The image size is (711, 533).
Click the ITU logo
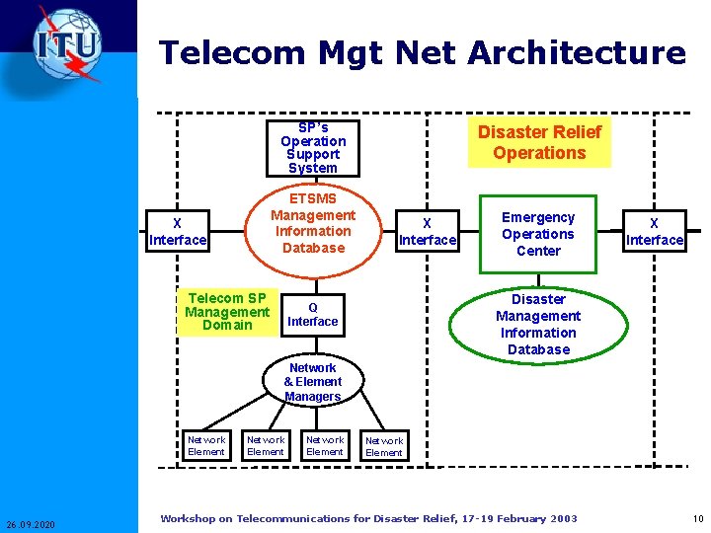tap(67, 45)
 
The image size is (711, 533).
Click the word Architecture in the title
tap(578, 52)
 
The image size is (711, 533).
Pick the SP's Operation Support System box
tap(313, 148)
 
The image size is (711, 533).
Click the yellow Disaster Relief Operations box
tap(539, 142)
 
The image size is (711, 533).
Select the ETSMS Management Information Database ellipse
tap(313, 223)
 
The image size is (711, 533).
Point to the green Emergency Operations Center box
tap(538, 234)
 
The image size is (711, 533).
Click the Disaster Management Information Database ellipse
tap(538, 324)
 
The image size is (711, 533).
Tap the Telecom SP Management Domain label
tap(227, 312)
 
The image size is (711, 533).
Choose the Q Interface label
tap(312, 314)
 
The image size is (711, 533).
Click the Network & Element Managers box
tap(313, 382)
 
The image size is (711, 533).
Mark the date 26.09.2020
tap(31, 523)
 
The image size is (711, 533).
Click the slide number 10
tap(698, 519)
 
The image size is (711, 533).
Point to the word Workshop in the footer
tap(187, 518)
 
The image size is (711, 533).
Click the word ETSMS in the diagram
tap(313, 198)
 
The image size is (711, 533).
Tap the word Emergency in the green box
tap(538, 217)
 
